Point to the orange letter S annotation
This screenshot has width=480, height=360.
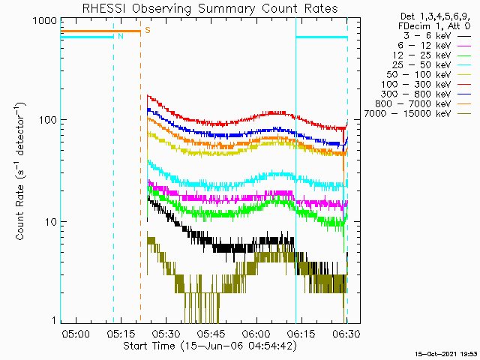148,30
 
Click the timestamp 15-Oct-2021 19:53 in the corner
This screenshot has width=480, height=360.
447,352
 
